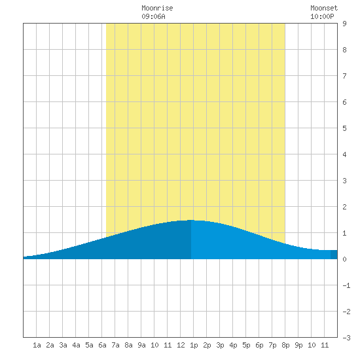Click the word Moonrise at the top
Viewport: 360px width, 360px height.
click(157, 8)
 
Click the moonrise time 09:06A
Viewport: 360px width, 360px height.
click(153, 16)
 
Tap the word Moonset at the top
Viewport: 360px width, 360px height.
click(324, 8)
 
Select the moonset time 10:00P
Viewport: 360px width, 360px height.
click(322, 16)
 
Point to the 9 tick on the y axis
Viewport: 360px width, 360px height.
click(344, 24)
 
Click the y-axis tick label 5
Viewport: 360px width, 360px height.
click(344, 128)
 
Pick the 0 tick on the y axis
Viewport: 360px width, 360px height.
click(344, 259)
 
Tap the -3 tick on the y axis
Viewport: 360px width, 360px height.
click(346, 338)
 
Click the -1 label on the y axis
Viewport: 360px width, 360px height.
click(346, 285)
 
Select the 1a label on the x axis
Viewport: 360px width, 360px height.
click(37, 345)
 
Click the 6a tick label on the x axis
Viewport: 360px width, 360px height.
click(102, 345)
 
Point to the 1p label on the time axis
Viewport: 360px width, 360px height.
click(194, 345)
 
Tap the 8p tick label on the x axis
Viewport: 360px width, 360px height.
click(285, 345)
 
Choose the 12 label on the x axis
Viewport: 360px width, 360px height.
click(181, 345)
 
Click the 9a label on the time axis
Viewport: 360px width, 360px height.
click(141, 345)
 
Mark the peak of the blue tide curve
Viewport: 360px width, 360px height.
click(191, 220)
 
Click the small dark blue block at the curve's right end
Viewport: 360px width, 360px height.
click(334, 255)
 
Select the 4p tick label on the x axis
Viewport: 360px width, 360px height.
click(233, 345)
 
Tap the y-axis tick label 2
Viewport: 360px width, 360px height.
click(344, 207)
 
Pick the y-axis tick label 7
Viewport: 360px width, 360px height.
click(344, 76)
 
